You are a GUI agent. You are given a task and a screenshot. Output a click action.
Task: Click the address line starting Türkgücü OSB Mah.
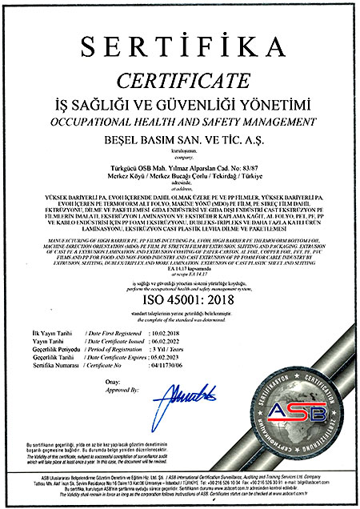[179, 162]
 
